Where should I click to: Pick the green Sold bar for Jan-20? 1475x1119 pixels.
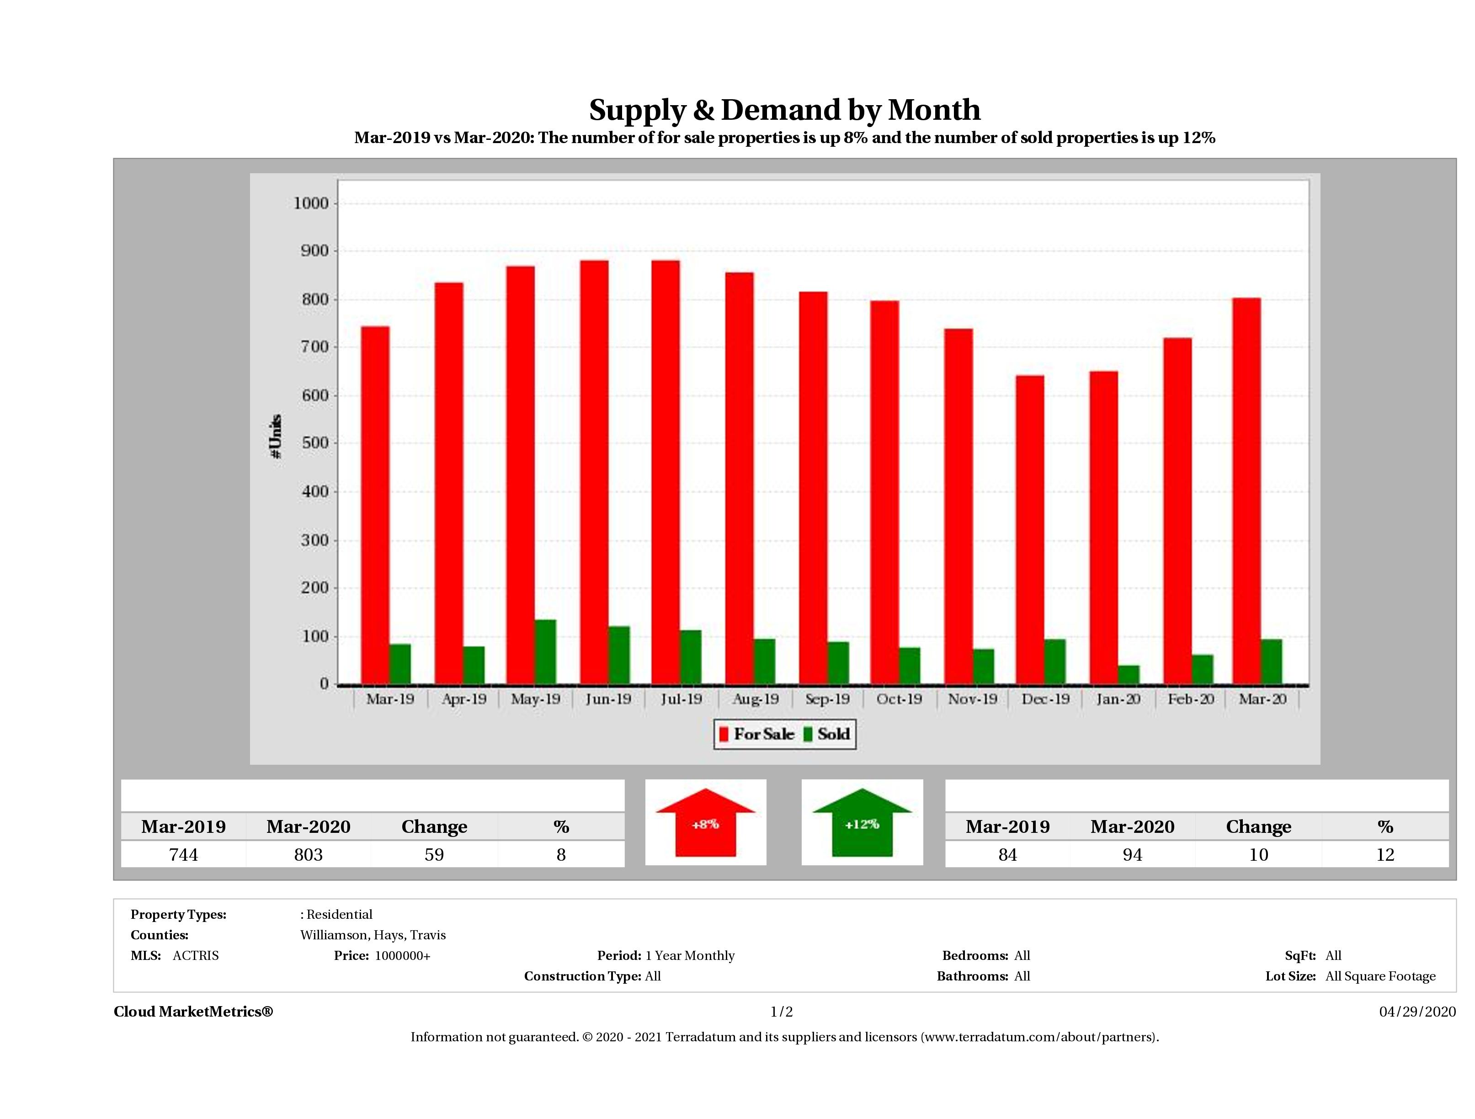click(x=1128, y=674)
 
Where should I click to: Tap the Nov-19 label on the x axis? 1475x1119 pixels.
click(x=972, y=699)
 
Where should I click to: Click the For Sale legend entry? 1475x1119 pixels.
click(x=757, y=734)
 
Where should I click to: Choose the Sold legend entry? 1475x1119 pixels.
click(x=827, y=734)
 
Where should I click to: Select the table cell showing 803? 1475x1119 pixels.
click(x=308, y=854)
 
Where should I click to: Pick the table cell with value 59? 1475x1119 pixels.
click(x=434, y=854)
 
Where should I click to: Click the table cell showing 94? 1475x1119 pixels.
click(x=1132, y=854)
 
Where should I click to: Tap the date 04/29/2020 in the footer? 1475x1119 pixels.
click(x=1417, y=1012)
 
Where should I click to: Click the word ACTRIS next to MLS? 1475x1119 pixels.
click(x=195, y=956)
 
